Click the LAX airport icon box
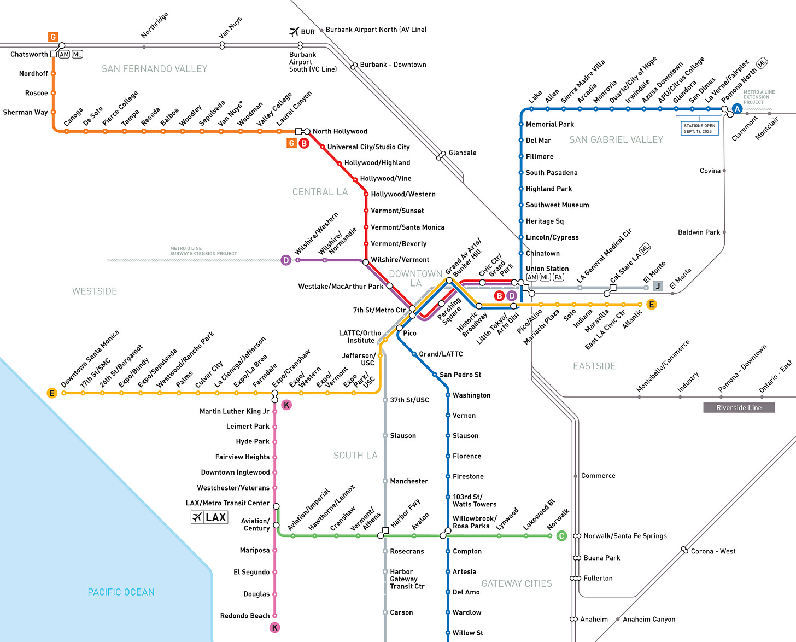(x=209, y=517)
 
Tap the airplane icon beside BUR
(x=295, y=32)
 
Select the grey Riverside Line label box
(x=739, y=407)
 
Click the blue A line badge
(x=737, y=109)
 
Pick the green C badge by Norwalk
(x=561, y=536)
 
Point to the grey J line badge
(x=658, y=285)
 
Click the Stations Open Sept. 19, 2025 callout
(x=699, y=129)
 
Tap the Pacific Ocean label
(x=121, y=592)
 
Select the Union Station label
(x=547, y=269)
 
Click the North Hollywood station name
(x=340, y=131)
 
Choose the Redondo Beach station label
(x=245, y=616)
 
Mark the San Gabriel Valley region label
(x=616, y=140)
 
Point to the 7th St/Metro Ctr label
(x=379, y=310)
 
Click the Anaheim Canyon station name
(x=648, y=619)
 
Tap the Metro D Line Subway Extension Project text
(x=203, y=251)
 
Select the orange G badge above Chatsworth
(x=53, y=37)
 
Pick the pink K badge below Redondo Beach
(x=274, y=627)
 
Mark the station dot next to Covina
(x=724, y=171)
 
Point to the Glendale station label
(x=462, y=153)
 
